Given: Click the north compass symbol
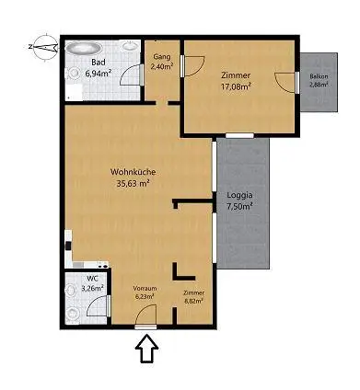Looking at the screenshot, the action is [45, 47].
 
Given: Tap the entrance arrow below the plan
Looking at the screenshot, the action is [147, 349].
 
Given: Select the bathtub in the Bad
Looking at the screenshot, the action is [84, 48].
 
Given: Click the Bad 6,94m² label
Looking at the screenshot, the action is [99, 68].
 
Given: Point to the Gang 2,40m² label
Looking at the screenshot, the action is [162, 62].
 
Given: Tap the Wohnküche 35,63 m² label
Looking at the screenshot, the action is [134, 178].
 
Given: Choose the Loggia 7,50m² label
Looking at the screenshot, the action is [239, 201].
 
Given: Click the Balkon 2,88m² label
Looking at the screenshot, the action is [319, 80].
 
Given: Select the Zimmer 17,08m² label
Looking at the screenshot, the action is [236, 81].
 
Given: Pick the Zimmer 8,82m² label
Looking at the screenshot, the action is [194, 297].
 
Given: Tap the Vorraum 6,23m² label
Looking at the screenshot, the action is [145, 292].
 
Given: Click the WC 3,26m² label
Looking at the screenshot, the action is [92, 283].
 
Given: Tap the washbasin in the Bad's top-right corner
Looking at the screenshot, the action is [131, 46].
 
